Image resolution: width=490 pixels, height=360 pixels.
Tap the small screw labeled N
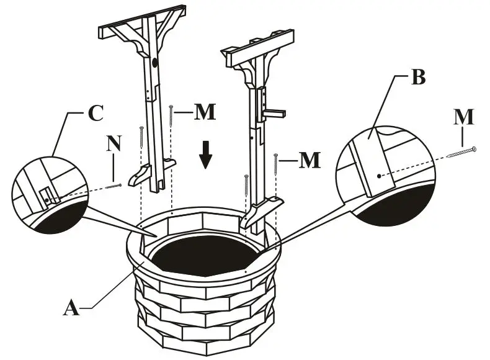pos(113,184)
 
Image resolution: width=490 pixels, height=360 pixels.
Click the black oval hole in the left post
pos(154,63)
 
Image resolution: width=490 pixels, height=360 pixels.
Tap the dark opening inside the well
pos(205,254)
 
